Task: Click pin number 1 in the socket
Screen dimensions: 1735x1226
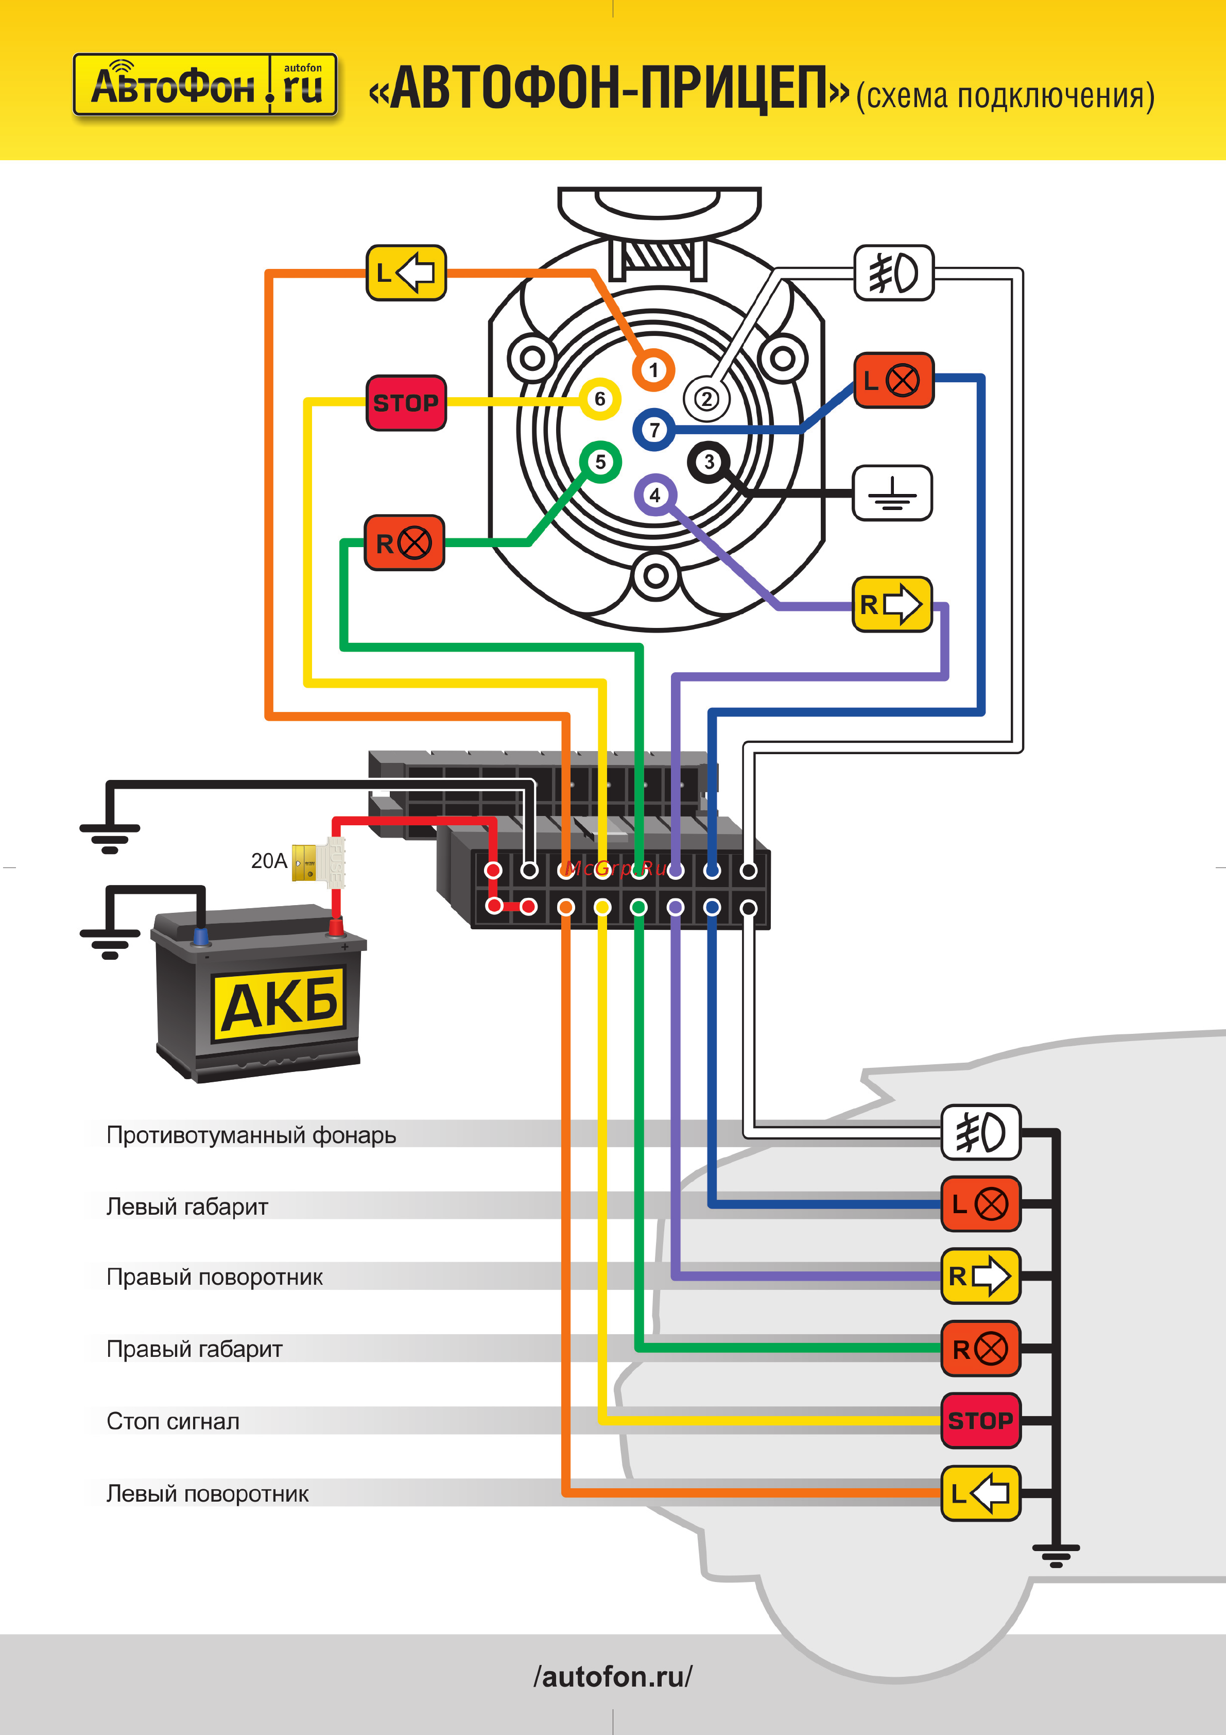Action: tap(653, 370)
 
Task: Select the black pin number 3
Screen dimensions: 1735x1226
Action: tap(709, 462)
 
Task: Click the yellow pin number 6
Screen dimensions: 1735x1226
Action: tap(600, 399)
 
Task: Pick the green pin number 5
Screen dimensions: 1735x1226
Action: tap(600, 462)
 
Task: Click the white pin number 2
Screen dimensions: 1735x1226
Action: tap(706, 399)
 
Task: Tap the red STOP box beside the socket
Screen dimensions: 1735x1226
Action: tap(406, 403)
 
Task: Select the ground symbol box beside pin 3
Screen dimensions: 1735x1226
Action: tap(892, 492)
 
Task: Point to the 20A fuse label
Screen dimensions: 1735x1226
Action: tap(269, 861)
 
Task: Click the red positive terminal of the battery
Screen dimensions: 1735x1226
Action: tap(335, 926)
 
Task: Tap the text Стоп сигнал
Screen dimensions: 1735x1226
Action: tap(173, 1421)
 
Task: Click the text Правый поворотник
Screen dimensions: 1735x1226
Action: tap(215, 1277)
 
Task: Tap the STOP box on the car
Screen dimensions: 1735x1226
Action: tap(980, 1421)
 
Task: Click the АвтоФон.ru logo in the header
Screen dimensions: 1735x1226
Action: tap(205, 84)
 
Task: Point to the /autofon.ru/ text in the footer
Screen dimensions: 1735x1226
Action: tap(613, 1676)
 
